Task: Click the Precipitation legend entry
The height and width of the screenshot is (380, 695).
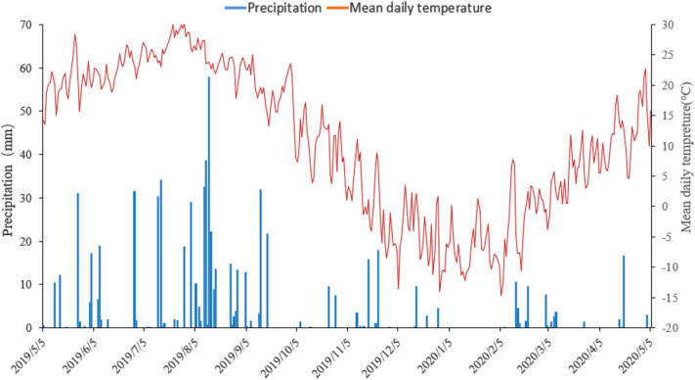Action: point(285,9)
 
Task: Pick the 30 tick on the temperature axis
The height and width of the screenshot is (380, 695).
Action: point(662,25)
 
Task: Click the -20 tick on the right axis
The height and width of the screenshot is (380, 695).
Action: point(664,327)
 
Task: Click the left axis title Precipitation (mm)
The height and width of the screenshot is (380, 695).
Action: point(9,176)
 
